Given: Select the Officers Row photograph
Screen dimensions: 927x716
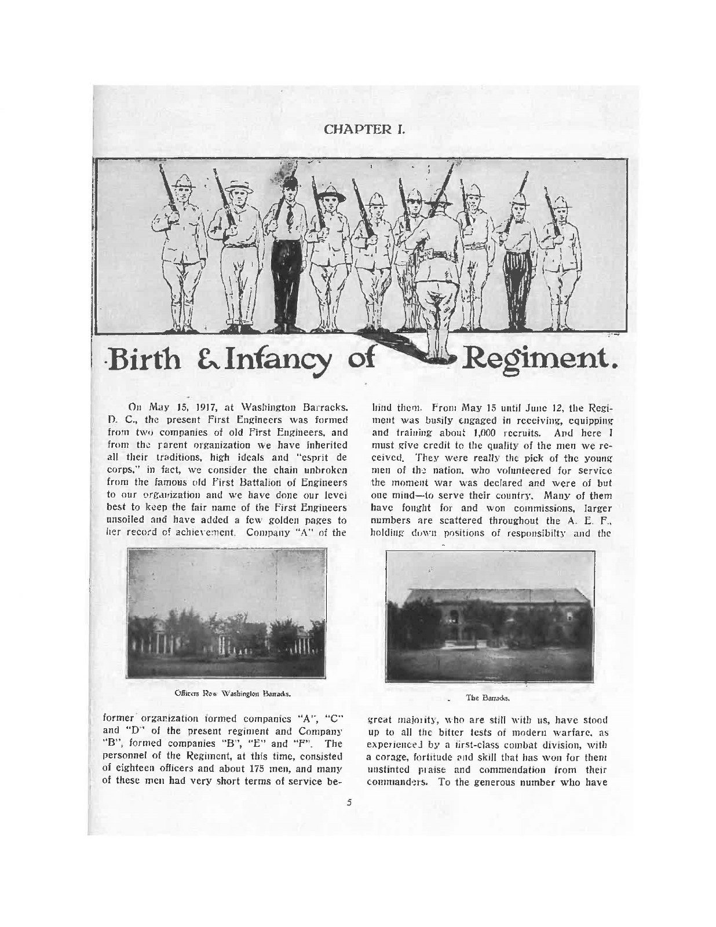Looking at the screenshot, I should click(226, 614).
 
